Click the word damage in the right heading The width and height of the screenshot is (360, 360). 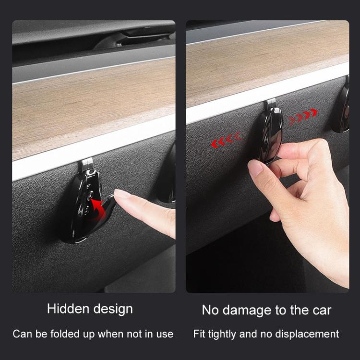pos(246,310)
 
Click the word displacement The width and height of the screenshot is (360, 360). pos(310,334)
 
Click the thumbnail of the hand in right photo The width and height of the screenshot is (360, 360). pos(255,168)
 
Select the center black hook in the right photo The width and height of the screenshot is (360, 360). pos(270,134)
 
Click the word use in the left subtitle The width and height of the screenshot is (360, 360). pos(164,334)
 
